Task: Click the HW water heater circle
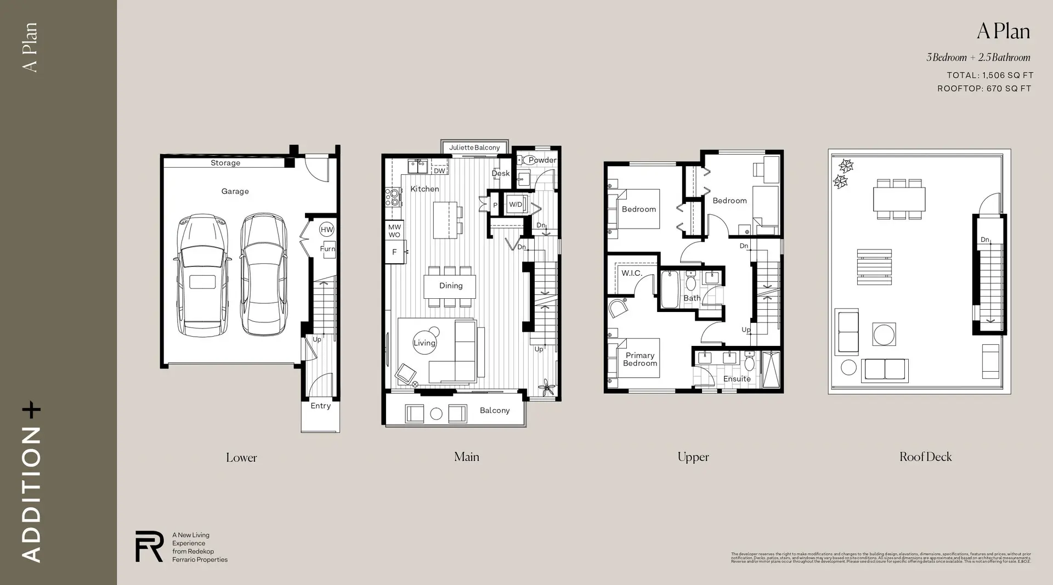[327, 230]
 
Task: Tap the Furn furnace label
[327, 248]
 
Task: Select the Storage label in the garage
[225, 163]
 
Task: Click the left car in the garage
[202, 275]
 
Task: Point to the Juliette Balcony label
[474, 147]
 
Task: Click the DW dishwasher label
[439, 171]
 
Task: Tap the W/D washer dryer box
[516, 205]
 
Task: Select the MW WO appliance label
[394, 231]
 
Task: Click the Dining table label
[450, 286]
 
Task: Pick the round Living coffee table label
[424, 343]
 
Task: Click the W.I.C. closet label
[631, 273]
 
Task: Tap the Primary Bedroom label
[639, 359]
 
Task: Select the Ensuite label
[737, 379]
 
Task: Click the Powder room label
[542, 160]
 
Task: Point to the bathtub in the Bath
[670, 289]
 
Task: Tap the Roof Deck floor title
[925, 457]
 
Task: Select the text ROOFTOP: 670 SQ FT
[984, 88]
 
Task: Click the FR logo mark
[149, 546]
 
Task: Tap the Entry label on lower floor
[320, 406]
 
